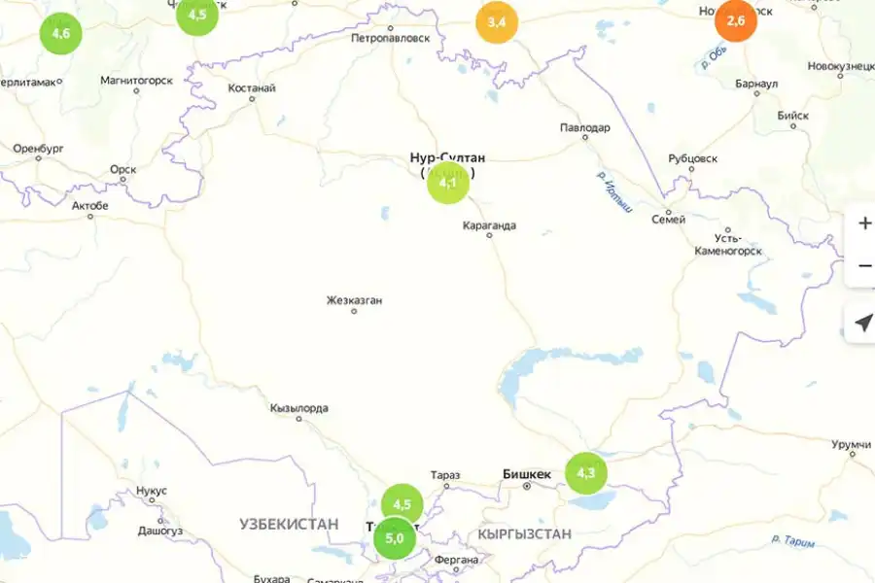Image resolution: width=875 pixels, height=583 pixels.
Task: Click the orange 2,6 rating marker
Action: tap(736, 21)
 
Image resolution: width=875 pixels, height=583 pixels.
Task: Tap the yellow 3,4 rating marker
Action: tap(497, 22)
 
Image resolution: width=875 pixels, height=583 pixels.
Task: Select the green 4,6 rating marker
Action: tap(60, 34)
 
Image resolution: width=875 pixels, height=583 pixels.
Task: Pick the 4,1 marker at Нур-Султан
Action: tap(448, 183)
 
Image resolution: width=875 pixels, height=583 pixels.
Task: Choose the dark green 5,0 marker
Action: tap(395, 538)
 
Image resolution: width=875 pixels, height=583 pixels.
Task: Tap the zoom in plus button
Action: tap(864, 223)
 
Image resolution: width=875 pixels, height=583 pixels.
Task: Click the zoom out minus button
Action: tap(864, 265)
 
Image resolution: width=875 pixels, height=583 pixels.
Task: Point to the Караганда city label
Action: tap(489, 226)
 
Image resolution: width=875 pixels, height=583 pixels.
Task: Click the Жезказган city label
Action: tap(354, 300)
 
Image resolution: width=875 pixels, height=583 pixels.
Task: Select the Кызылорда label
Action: tap(299, 409)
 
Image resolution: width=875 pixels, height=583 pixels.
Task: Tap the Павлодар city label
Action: tap(585, 128)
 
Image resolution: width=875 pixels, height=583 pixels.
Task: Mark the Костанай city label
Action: tap(252, 88)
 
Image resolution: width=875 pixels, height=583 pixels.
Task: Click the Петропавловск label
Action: tap(390, 40)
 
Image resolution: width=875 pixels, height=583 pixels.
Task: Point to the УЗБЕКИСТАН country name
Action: tap(289, 524)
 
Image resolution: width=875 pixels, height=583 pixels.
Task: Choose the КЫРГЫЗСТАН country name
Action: tap(524, 534)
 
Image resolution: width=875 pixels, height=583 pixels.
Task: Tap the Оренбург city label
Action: tap(39, 149)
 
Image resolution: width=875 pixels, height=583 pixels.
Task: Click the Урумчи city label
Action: tap(852, 444)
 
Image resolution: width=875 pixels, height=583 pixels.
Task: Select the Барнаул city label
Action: tap(757, 84)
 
